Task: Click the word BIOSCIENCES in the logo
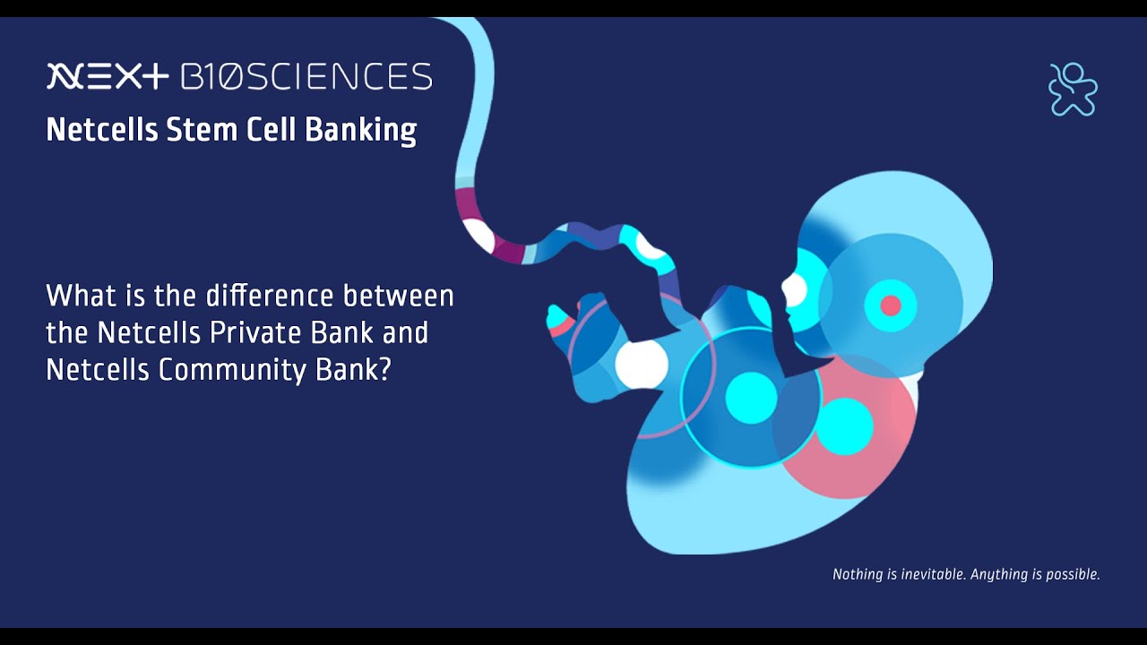coord(306,76)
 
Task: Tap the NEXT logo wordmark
coord(108,76)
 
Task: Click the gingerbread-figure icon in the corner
coord(1073,89)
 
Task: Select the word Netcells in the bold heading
coord(102,129)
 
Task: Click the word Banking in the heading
coord(361,131)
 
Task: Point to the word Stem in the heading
coord(202,130)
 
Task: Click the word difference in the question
coord(270,296)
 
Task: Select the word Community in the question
coord(233,371)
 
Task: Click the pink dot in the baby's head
coord(891,305)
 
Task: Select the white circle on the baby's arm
coord(641,365)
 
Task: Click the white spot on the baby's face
coord(795,289)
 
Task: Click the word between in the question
coord(399,296)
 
